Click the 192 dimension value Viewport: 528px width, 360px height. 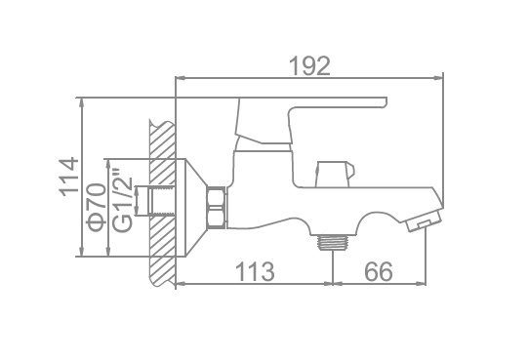pos(309,66)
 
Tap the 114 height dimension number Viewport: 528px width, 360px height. pos(69,177)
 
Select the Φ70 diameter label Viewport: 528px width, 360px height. pos(96,207)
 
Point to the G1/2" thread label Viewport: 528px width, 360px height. pos(122,200)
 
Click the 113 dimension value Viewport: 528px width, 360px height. pos(255,271)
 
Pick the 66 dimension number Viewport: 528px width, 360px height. pos(379,271)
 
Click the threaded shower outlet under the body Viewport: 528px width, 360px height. pos(333,243)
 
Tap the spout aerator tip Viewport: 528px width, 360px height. pos(424,221)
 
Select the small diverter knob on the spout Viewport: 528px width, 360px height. pos(335,174)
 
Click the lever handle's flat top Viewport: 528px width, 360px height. pos(313,102)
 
